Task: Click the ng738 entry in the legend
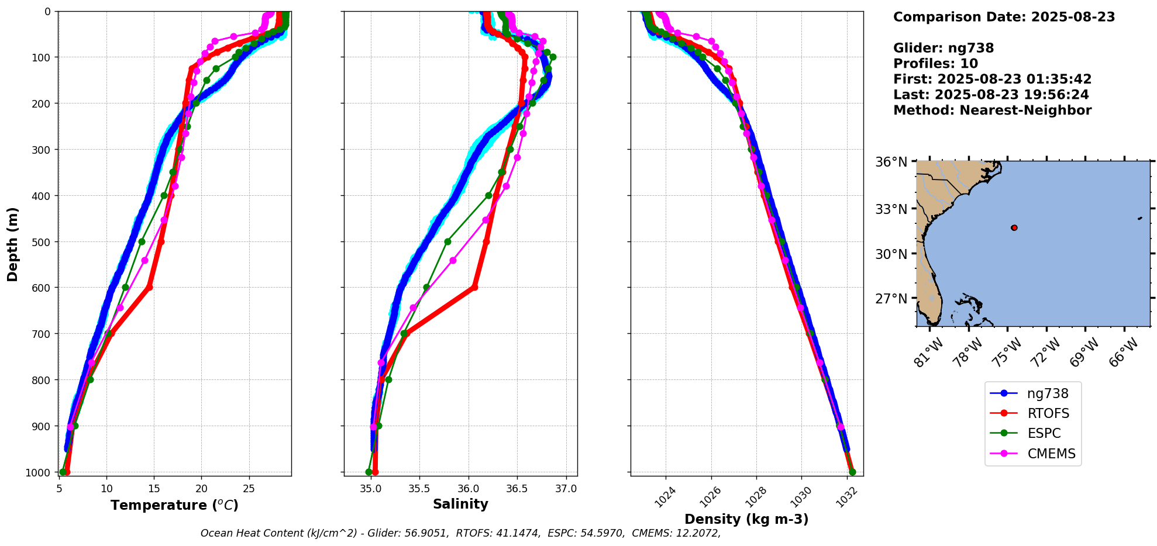[1047, 393]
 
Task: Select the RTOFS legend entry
[1048, 413]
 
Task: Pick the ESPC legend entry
[1044, 433]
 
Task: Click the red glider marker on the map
[1014, 227]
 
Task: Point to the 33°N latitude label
[891, 209]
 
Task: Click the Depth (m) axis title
[13, 244]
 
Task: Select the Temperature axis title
[174, 505]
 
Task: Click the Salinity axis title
[460, 504]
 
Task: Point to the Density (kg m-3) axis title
[746, 519]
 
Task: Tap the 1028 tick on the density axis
[753, 495]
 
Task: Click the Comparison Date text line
[1004, 17]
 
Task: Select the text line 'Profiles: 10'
[935, 64]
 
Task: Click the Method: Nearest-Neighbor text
[992, 110]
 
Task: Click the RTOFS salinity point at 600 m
[474, 287]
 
